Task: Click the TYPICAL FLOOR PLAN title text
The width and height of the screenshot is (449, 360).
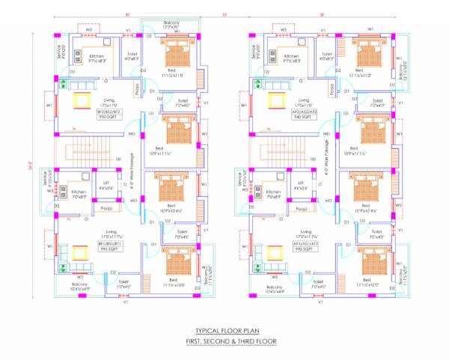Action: coord(224,331)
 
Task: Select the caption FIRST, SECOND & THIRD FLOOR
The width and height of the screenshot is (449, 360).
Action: coord(224,341)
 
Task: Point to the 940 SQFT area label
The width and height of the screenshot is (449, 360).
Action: coord(304,117)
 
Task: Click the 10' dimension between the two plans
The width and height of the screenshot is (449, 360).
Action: coord(224,15)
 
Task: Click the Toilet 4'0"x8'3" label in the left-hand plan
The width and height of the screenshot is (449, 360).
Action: coord(131,56)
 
